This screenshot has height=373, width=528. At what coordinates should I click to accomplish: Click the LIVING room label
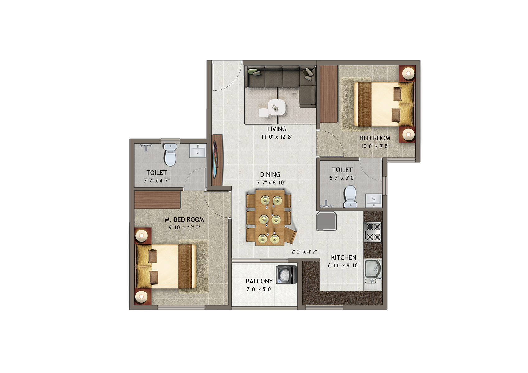(277, 129)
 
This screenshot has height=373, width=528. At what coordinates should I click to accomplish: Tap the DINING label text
(270, 174)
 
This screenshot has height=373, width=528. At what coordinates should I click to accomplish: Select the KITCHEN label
(343, 257)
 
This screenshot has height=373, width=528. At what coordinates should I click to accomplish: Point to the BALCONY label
(259, 281)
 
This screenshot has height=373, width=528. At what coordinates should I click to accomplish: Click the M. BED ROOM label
(184, 220)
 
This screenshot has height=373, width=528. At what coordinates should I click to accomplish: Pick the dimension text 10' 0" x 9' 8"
(375, 146)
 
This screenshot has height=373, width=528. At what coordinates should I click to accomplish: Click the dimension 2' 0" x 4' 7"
(304, 252)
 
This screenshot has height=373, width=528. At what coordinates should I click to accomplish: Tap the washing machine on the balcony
(286, 275)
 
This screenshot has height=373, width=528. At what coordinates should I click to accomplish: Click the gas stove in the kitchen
(373, 232)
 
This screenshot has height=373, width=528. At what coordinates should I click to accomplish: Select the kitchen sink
(373, 274)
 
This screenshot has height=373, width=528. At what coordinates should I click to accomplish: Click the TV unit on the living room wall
(217, 160)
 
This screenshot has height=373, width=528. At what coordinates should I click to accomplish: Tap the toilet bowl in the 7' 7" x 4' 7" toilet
(171, 154)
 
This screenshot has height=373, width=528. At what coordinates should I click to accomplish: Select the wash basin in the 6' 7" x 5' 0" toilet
(373, 200)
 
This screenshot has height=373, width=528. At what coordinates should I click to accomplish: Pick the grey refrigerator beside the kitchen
(326, 221)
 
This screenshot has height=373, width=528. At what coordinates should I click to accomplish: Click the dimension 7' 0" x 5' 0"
(259, 289)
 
